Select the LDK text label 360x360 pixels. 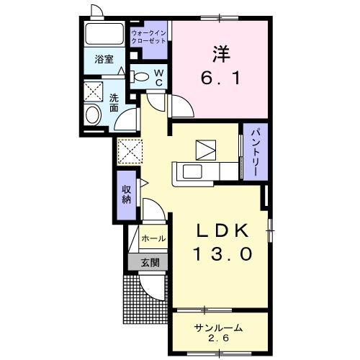[x=222, y=231]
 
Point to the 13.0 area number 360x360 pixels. [x=222, y=254]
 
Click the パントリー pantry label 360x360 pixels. [x=255, y=153]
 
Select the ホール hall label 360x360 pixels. [x=153, y=238]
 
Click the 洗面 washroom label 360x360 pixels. [x=114, y=103]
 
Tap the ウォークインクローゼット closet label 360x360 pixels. [x=149, y=37]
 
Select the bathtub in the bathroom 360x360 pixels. [x=104, y=35]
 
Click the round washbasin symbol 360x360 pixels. [x=93, y=115]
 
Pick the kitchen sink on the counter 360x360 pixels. [x=194, y=171]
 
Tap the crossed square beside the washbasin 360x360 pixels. [x=94, y=91]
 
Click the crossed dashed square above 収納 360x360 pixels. [x=131, y=151]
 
